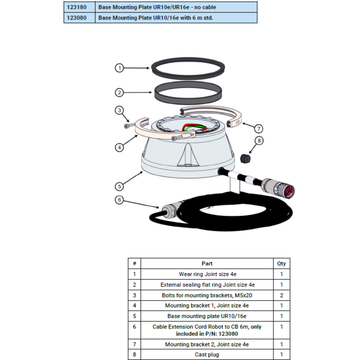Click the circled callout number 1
(x=119, y=68)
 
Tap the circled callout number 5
(x=119, y=187)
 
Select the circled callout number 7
(x=259, y=128)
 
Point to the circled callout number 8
(x=259, y=141)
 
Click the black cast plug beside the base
(x=245, y=158)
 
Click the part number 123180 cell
(x=79, y=7)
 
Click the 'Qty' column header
(x=281, y=263)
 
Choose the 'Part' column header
(x=207, y=263)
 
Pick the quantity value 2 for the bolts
(x=281, y=295)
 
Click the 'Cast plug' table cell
(x=207, y=354)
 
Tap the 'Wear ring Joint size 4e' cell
(x=207, y=274)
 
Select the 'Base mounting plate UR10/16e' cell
(x=207, y=316)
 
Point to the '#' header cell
(x=135, y=263)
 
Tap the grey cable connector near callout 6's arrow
(x=171, y=208)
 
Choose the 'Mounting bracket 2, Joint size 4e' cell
(x=207, y=344)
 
